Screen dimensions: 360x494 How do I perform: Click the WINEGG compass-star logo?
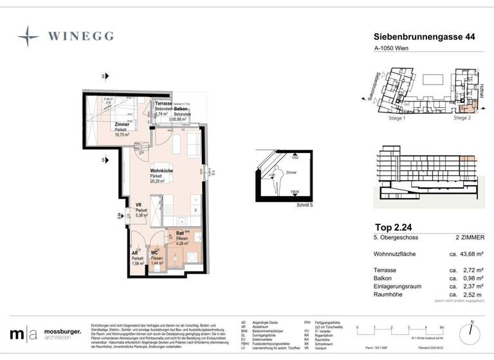[x=28, y=36]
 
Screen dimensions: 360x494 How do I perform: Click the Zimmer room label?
[x=122, y=125]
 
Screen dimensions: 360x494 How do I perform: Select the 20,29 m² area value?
[x=158, y=181]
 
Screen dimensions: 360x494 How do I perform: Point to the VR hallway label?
[x=138, y=206]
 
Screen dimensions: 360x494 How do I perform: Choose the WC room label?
[x=154, y=253]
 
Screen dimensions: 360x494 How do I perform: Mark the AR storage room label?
[x=135, y=253]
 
